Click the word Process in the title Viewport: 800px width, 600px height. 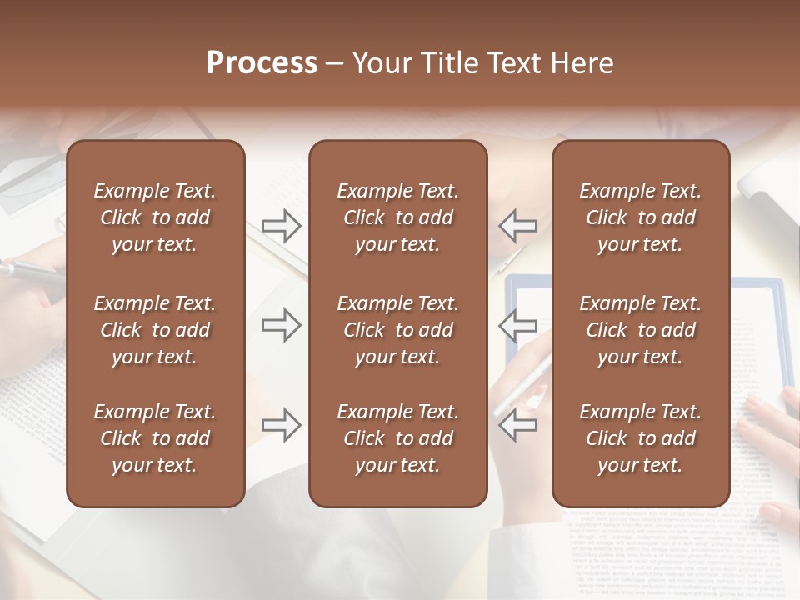coord(262,62)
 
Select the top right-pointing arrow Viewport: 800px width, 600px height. coord(281,226)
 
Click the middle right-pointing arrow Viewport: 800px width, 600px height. coord(281,324)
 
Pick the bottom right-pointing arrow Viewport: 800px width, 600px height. coord(281,424)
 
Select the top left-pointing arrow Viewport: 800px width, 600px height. coord(518,225)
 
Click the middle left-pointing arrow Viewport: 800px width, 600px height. coord(518,324)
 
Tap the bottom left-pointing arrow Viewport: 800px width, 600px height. coord(518,424)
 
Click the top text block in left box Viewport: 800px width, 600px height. coord(155,217)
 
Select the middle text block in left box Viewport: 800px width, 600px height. coord(155,330)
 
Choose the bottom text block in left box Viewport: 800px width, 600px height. coord(155,438)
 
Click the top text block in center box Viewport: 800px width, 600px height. coord(398,217)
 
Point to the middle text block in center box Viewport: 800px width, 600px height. coord(398,330)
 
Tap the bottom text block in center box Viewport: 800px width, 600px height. coord(398,438)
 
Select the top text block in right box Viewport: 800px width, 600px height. coord(641,217)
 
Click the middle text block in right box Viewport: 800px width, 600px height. coord(641,330)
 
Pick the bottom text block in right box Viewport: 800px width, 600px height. coord(641,438)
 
